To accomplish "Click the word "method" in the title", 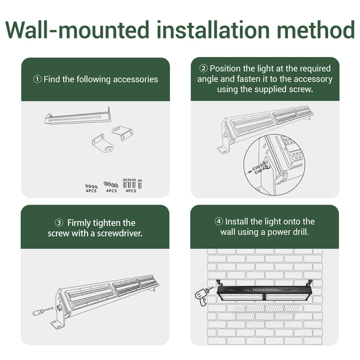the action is click(316, 30).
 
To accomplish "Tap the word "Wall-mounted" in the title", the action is click(77, 30).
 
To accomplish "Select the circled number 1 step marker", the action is click(37, 79).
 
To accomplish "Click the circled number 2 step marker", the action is click(203, 68).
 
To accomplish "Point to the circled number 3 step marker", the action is click(59, 223).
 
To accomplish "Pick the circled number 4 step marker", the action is click(218, 221).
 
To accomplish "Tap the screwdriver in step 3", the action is click(43, 311).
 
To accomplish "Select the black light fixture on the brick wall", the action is click(265, 290).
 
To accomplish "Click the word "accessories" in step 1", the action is click(136, 79).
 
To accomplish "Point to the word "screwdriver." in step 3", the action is click(119, 233).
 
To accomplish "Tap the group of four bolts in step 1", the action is click(133, 184).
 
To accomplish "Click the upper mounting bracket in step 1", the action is click(122, 133).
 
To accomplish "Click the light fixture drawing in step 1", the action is click(78, 116).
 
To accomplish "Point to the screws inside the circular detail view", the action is click(260, 167).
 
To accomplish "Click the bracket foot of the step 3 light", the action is click(57, 325).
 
